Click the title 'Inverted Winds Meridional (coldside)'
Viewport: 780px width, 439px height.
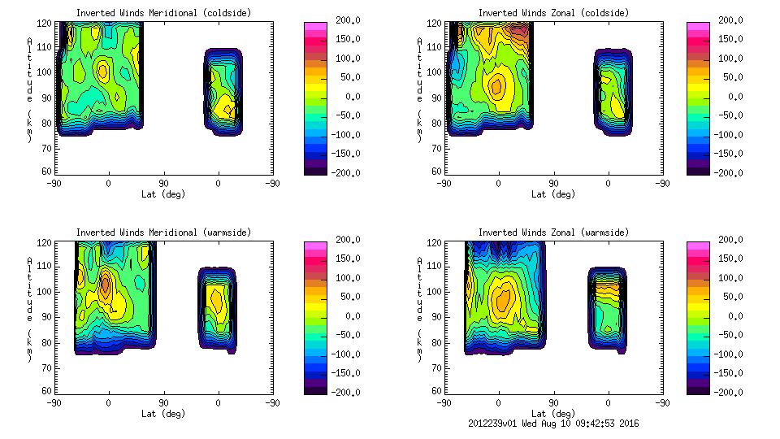[x=164, y=13]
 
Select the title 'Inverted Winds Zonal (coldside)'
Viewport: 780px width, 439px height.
[x=553, y=13]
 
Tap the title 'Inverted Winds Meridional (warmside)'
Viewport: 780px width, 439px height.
[x=164, y=233]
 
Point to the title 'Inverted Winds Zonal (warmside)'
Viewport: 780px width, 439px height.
[x=553, y=233]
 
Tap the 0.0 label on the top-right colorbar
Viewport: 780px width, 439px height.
[x=731, y=97]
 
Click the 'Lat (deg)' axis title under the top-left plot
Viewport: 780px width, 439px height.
[x=163, y=194]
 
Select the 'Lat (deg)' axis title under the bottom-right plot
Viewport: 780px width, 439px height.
[x=552, y=414]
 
